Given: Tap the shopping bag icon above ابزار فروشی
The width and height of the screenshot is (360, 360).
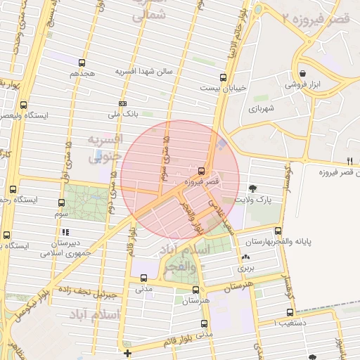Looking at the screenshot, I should pyautogui.click(x=302, y=72).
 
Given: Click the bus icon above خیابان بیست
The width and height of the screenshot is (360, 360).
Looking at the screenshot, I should pyautogui.click(x=223, y=77).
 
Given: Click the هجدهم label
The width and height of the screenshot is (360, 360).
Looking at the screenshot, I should pyautogui.click(x=82, y=73).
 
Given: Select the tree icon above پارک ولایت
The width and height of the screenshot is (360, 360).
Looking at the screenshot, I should pyautogui.click(x=252, y=188).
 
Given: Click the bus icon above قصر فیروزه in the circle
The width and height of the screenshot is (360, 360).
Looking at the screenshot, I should pyautogui.click(x=202, y=171).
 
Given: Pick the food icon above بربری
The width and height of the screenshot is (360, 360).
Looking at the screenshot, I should pyautogui.click(x=246, y=258).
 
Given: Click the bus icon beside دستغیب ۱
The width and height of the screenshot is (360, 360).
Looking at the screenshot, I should pyautogui.click(x=290, y=312).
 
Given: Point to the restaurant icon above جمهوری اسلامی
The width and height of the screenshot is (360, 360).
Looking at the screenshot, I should pyautogui.click(x=65, y=232).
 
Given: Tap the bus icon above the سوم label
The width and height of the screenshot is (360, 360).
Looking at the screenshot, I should pyautogui.click(x=61, y=202).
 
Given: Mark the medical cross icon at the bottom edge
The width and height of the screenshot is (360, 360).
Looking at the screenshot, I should pyautogui.click(x=127, y=353).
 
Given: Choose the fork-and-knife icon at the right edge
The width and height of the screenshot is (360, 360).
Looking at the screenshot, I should pyautogui.click(x=350, y=161).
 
